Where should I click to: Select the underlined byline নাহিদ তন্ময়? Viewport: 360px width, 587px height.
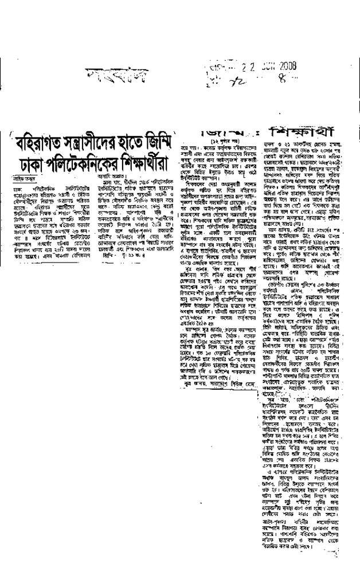[36, 179]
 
